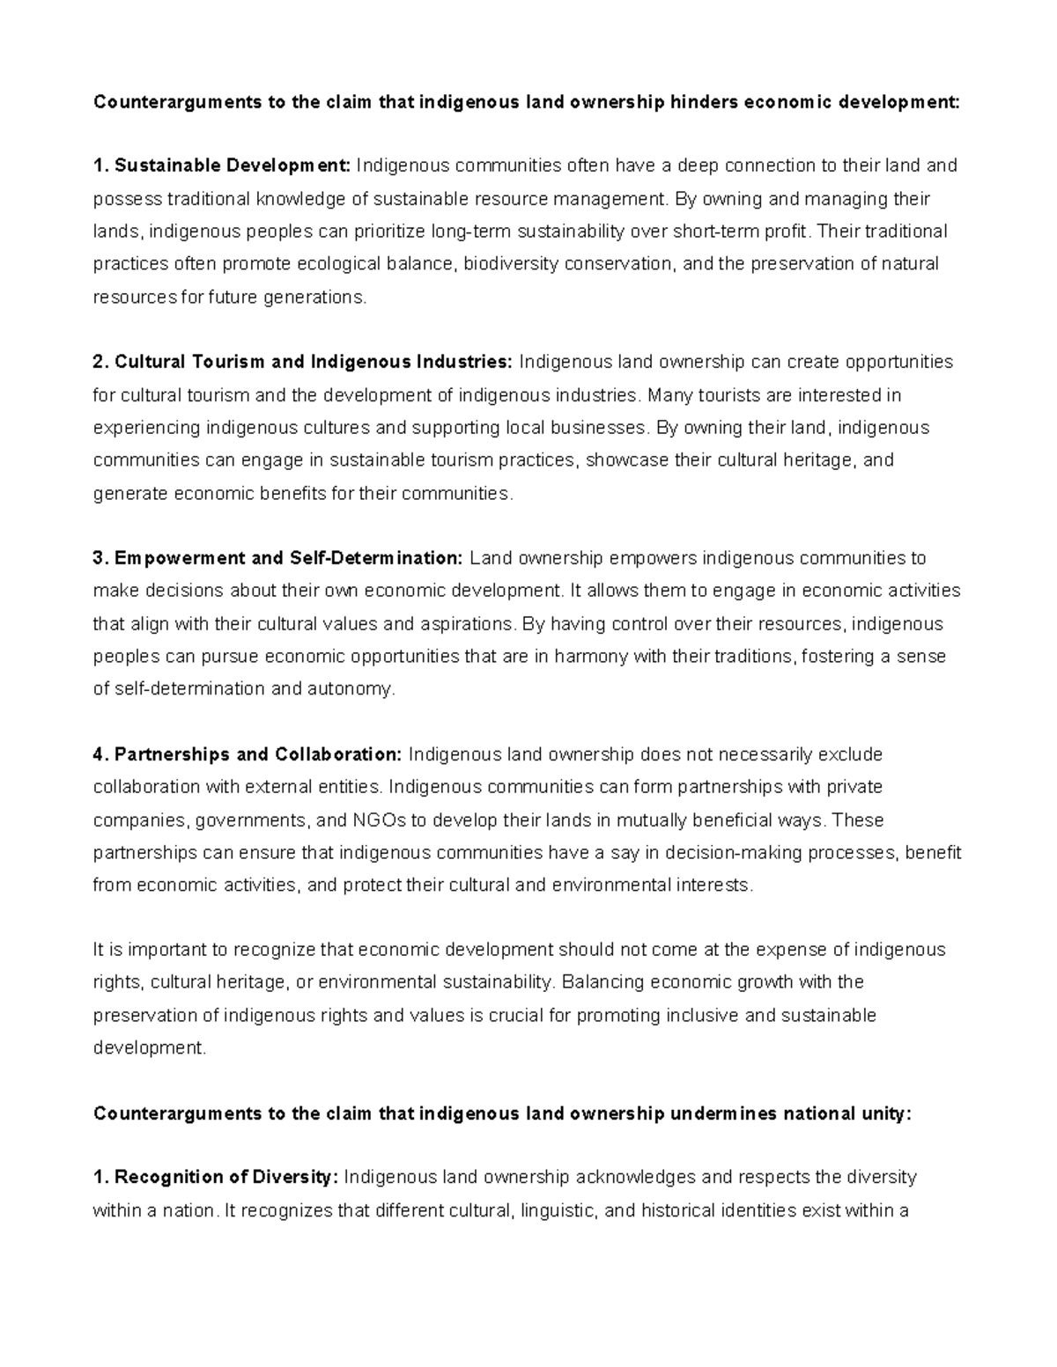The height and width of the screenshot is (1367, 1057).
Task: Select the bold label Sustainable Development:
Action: (233, 165)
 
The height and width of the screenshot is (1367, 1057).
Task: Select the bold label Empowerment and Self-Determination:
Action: (288, 558)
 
